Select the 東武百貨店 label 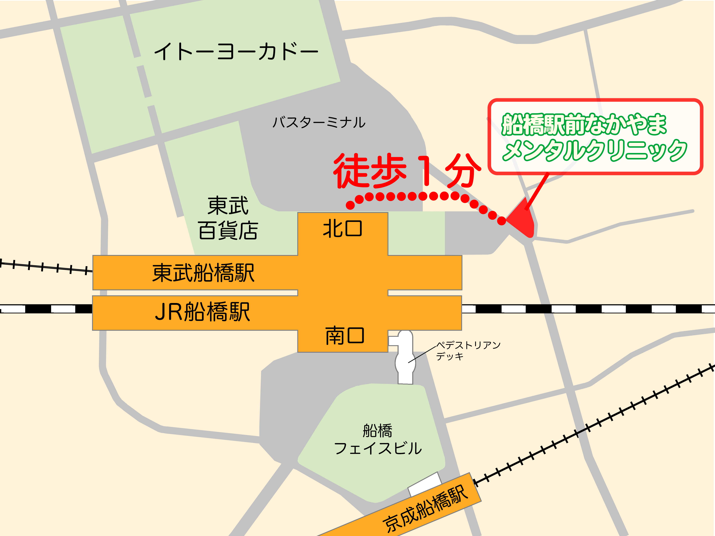[228, 218]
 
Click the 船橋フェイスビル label [378, 439]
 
